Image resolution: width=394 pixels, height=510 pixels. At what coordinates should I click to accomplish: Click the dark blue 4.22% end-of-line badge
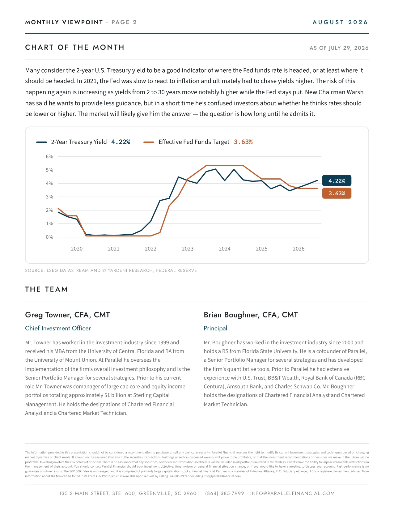tap(337, 181)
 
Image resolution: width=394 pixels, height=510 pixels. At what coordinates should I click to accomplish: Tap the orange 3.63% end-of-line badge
tap(337, 193)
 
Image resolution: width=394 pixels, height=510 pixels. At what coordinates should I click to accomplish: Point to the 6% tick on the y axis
tap(49, 156)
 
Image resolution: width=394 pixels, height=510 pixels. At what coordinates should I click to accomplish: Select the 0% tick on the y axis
tap(49, 237)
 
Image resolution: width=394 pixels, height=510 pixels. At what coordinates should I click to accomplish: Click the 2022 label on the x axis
tap(150, 249)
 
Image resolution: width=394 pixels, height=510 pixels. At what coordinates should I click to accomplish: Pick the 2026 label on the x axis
tap(299, 249)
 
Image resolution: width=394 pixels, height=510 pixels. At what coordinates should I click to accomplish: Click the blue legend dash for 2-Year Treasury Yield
tap(41, 142)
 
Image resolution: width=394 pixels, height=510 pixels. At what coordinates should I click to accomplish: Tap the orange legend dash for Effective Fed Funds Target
tap(149, 142)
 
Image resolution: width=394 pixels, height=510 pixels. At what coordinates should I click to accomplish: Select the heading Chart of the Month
tap(74, 47)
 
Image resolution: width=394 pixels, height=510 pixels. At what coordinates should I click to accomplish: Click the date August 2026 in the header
tap(340, 22)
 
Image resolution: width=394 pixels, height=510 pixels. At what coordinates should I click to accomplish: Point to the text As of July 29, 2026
tap(339, 48)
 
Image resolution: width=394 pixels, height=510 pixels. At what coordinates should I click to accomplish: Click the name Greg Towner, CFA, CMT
tap(67, 315)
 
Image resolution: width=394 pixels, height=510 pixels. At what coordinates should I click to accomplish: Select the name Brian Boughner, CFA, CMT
tap(251, 315)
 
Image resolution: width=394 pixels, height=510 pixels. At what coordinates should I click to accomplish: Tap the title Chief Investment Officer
tap(58, 328)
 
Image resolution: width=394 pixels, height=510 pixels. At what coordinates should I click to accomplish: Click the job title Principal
tap(215, 329)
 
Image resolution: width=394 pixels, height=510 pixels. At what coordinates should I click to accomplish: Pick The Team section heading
tap(46, 289)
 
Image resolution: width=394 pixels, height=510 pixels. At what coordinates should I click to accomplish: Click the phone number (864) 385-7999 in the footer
tap(225, 493)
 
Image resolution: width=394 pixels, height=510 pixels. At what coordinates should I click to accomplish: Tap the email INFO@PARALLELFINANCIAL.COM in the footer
tap(292, 493)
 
